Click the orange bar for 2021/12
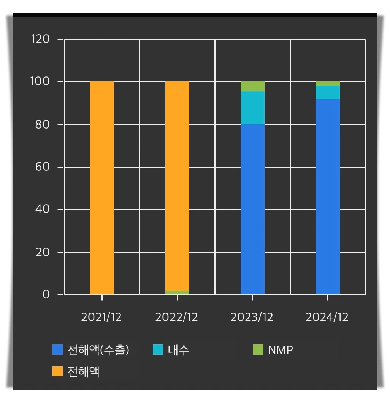(x=102, y=188)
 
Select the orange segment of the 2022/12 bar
(x=177, y=186)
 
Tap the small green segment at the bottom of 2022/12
(x=177, y=293)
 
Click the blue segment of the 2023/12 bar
(x=252, y=209)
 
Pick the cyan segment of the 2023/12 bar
(x=252, y=108)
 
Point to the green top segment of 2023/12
(x=252, y=86)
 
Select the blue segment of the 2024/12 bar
(x=328, y=197)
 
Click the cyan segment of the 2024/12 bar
(x=328, y=92)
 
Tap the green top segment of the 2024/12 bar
(x=328, y=83)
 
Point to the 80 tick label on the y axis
(x=43, y=125)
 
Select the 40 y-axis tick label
(x=43, y=209)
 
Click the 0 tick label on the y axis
(x=46, y=295)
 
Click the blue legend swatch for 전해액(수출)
(x=57, y=350)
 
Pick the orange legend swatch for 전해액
(x=57, y=371)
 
